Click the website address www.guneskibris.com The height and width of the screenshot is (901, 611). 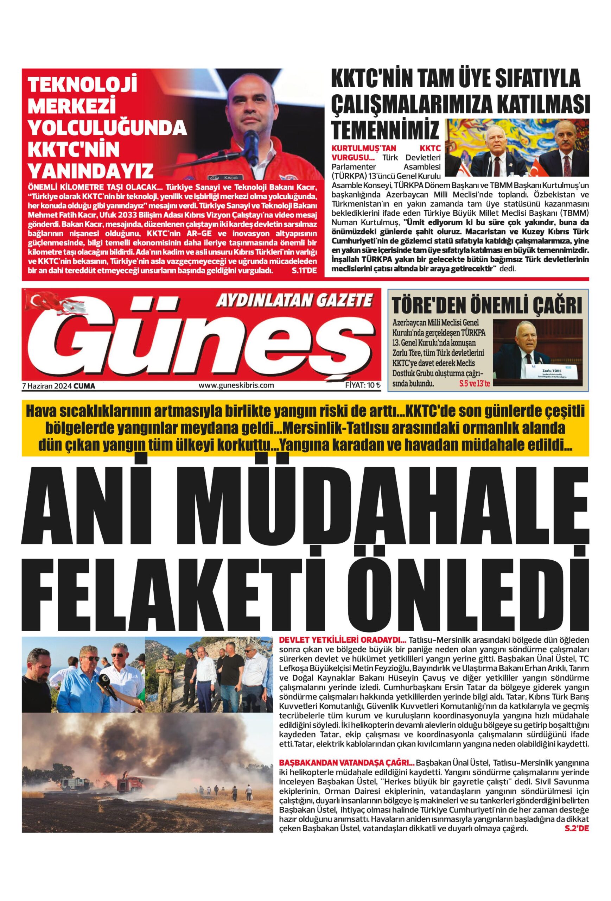coord(236,385)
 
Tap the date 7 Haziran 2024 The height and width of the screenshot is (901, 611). coord(47,386)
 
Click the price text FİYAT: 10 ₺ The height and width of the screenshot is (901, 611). coord(360,385)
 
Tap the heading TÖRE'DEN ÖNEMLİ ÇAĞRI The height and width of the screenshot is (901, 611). coord(487,305)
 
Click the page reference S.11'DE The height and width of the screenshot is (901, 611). coord(304,270)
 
